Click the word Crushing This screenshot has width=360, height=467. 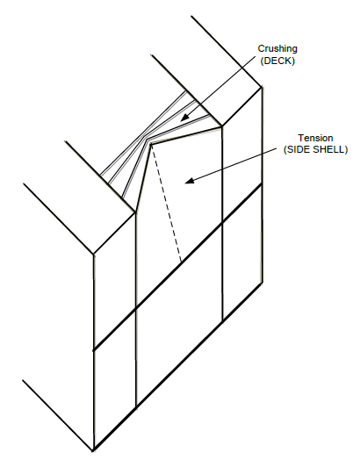[x=277, y=49]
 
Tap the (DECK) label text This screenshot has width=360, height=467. [x=277, y=61]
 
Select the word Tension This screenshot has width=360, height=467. [x=315, y=138]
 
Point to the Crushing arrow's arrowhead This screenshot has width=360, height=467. [x=184, y=118]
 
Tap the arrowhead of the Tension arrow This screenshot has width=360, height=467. [x=190, y=181]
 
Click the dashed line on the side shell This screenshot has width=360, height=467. [x=166, y=204]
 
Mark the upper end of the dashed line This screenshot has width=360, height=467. [x=151, y=145]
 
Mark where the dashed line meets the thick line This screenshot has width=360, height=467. [x=181, y=262]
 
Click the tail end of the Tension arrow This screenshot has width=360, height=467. [x=277, y=150]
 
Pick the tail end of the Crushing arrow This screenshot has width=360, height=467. [x=256, y=55]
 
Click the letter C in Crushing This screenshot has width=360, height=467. [x=261, y=48]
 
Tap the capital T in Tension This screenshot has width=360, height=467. [x=300, y=138]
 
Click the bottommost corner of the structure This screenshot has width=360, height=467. [x=94, y=450]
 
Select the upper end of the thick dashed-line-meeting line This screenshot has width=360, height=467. [x=262, y=184]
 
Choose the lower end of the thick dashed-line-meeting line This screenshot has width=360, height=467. [x=94, y=350]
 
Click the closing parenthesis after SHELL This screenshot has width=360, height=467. [x=346, y=149]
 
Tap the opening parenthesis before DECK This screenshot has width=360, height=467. [x=263, y=61]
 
